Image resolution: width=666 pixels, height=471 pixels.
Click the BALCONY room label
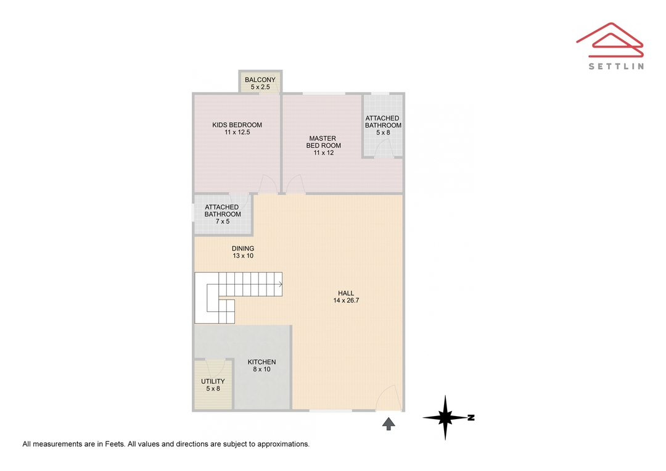260,80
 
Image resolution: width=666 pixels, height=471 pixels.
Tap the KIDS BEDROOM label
237,125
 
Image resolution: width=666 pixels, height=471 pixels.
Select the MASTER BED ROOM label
323,142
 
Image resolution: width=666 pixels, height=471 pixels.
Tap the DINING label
243,249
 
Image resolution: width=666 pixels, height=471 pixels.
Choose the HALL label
346,293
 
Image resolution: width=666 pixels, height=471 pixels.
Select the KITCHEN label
261,362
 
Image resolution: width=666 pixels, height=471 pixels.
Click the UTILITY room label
213,381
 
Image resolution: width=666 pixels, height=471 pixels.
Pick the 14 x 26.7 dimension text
346,301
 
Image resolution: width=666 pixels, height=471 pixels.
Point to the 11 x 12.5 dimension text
237,132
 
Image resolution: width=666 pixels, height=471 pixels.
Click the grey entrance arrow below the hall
388,424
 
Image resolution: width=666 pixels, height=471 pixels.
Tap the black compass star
445,417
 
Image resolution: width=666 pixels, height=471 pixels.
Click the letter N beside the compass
471,418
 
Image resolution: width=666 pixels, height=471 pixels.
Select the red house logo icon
610,40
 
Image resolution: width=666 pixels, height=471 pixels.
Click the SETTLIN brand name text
616,66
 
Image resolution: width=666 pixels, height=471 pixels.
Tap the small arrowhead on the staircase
281,284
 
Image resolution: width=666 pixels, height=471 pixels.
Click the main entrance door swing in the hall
388,398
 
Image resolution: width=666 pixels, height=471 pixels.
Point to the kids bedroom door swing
268,183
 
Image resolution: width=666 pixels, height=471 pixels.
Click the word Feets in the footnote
115,444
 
